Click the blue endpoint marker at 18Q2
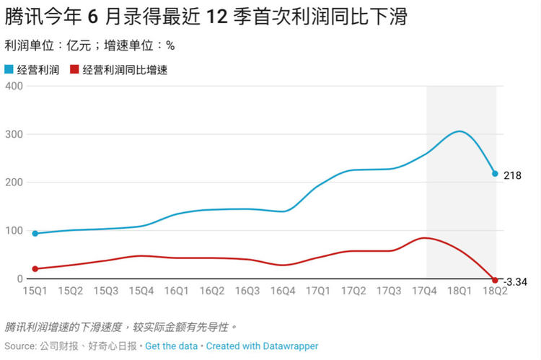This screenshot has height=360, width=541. click(495, 174)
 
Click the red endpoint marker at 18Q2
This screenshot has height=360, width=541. click(495, 280)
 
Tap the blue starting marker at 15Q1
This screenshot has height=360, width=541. click(35, 233)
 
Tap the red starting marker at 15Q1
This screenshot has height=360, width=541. click(35, 268)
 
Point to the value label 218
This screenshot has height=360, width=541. click(511, 175)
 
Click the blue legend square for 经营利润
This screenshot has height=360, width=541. click(9, 70)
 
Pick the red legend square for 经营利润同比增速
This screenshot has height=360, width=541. click(74, 70)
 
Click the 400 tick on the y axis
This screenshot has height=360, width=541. click(14, 86)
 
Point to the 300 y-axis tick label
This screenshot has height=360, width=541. click(14, 134)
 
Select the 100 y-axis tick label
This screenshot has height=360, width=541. click(14, 231)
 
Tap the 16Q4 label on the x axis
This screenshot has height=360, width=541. click(283, 291)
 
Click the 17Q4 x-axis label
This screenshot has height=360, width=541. click(424, 291)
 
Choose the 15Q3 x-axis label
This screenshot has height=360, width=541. click(105, 291)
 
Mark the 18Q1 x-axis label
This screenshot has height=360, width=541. click(459, 291)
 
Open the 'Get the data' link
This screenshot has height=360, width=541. click(171, 346)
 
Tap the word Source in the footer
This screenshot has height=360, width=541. click(19, 346)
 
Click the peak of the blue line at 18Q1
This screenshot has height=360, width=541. click(459, 131)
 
